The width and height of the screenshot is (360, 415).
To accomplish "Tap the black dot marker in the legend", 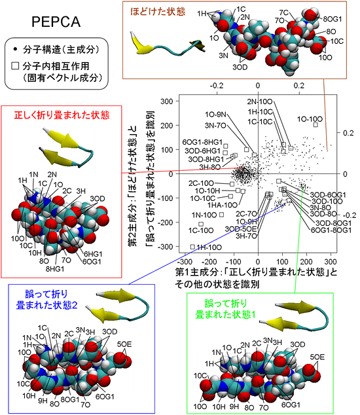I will [15, 50].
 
